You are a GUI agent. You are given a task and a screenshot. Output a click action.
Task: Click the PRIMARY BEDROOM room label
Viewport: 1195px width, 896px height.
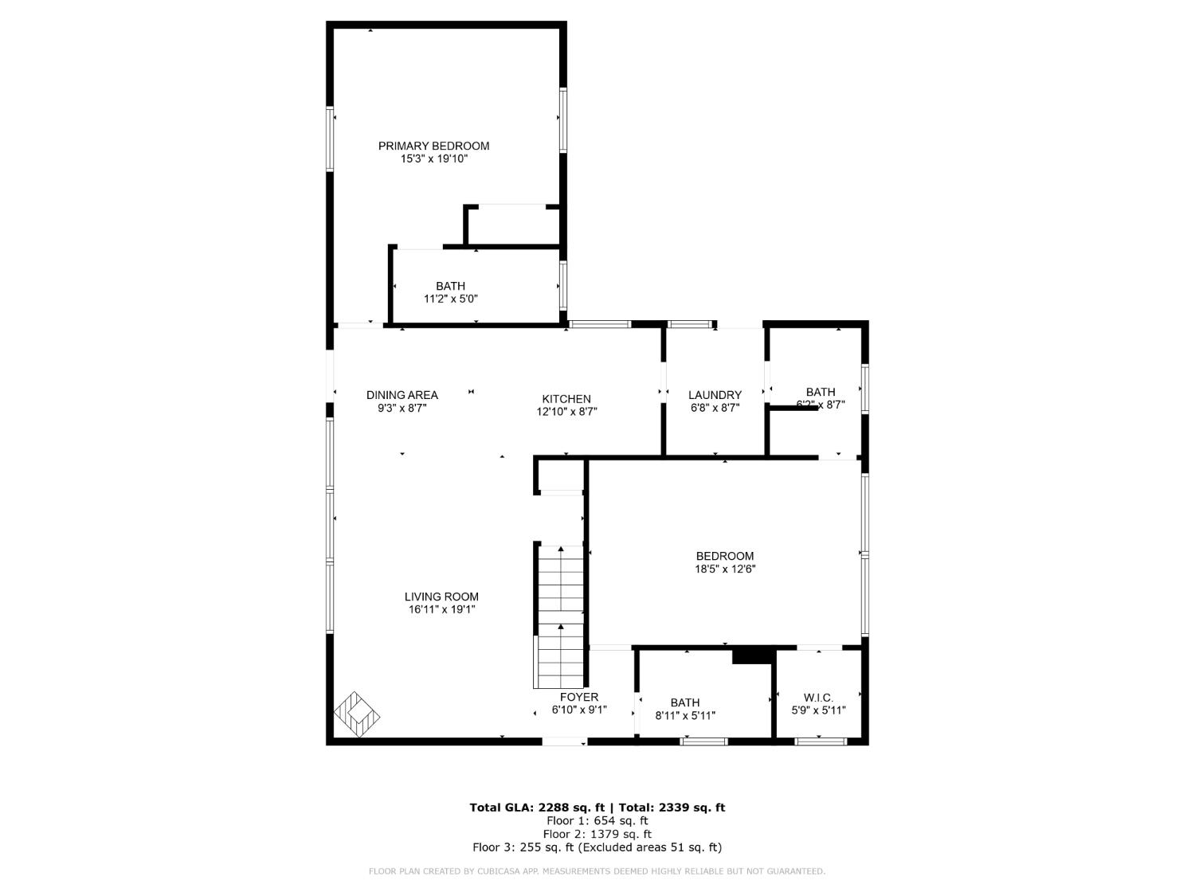pos(433,146)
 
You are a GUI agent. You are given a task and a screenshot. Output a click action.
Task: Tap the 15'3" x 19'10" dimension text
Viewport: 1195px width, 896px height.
pos(433,159)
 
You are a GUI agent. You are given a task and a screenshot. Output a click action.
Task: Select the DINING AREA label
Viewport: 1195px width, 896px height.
pos(402,395)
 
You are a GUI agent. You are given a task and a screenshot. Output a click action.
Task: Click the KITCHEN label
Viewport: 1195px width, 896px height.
pos(566,399)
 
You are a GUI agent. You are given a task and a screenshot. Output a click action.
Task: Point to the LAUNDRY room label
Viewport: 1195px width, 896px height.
pos(715,395)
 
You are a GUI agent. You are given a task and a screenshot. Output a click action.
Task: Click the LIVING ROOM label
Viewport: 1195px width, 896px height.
pos(441,597)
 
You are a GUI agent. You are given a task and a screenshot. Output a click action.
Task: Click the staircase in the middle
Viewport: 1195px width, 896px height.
pos(561,617)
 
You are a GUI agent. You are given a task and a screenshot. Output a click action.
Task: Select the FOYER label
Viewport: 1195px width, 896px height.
pos(579,697)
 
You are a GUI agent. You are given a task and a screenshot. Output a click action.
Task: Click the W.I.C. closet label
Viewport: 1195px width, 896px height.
pos(818,698)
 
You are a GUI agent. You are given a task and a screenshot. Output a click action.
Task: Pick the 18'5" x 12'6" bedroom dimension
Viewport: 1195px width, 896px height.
pos(724,569)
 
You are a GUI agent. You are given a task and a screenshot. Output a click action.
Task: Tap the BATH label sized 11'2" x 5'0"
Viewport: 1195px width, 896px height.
pos(450,286)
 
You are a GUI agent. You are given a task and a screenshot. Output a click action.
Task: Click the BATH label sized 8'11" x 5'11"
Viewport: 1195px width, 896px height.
pos(684,702)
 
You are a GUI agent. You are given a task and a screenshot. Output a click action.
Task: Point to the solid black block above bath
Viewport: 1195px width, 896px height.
pos(752,655)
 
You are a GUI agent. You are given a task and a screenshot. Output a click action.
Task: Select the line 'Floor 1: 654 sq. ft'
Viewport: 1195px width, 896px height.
pos(597,820)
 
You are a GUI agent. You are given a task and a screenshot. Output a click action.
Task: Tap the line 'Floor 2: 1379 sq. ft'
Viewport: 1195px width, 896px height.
pos(597,834)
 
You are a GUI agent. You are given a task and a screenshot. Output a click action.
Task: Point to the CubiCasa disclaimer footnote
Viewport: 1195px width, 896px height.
pos(597,871)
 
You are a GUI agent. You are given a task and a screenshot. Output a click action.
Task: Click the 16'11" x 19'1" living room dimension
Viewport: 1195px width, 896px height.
pos(441,610)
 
